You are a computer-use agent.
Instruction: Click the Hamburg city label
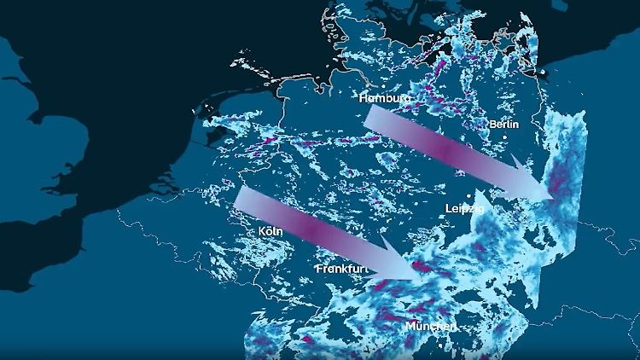[386, 98]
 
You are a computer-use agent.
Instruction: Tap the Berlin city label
[503, 125]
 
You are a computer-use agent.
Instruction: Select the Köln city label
[271, 231]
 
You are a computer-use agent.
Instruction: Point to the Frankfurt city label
[341, 269]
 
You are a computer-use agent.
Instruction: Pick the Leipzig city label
[465, 208]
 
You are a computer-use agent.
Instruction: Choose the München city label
[431, 328]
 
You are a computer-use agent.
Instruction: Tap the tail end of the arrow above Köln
[240, 197]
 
